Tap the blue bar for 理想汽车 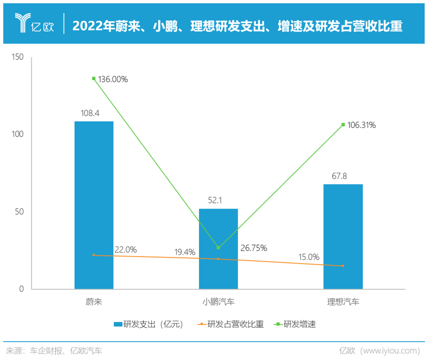click(343, 236)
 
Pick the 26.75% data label click(253, 248)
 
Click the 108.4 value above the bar click(94, 112)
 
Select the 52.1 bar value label click(218, 200)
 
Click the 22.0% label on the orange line click(125, 250)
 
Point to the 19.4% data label click(185, 252)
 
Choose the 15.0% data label click(309, 257)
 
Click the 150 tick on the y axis click(18, 57)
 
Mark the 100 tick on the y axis click(18, 134)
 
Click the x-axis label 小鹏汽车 click(218, 302)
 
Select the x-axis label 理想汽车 click(343, 302)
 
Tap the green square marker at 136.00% click(94, 79)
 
